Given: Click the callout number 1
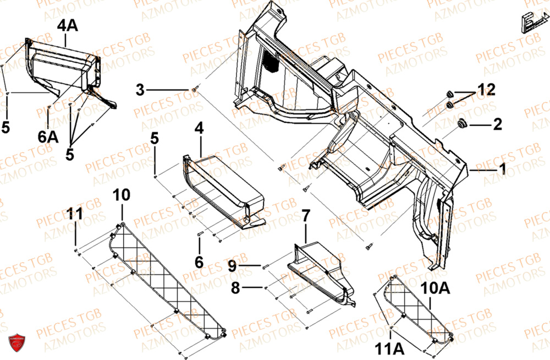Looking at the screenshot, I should click(502, 170).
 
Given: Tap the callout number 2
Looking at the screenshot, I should click(497, 125).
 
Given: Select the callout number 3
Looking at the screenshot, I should click(140, 89).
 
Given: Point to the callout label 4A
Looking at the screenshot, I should click(65, 25).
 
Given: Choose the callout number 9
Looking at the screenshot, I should click(232, 266).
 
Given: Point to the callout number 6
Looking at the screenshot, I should click(199, 261).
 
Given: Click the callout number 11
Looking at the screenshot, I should click(76, 214).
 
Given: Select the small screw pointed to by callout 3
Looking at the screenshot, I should click(195, 89).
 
